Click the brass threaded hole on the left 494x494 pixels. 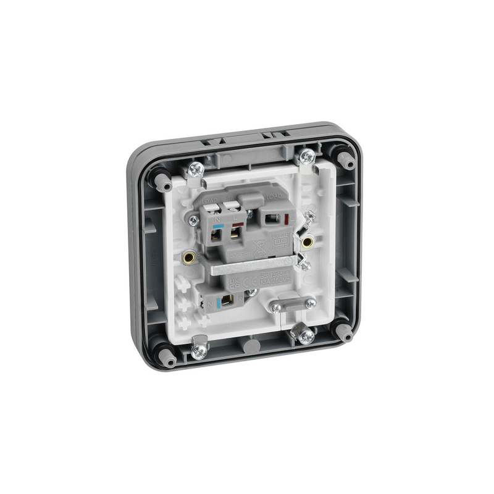188,254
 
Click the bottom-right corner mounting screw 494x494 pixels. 305,336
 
